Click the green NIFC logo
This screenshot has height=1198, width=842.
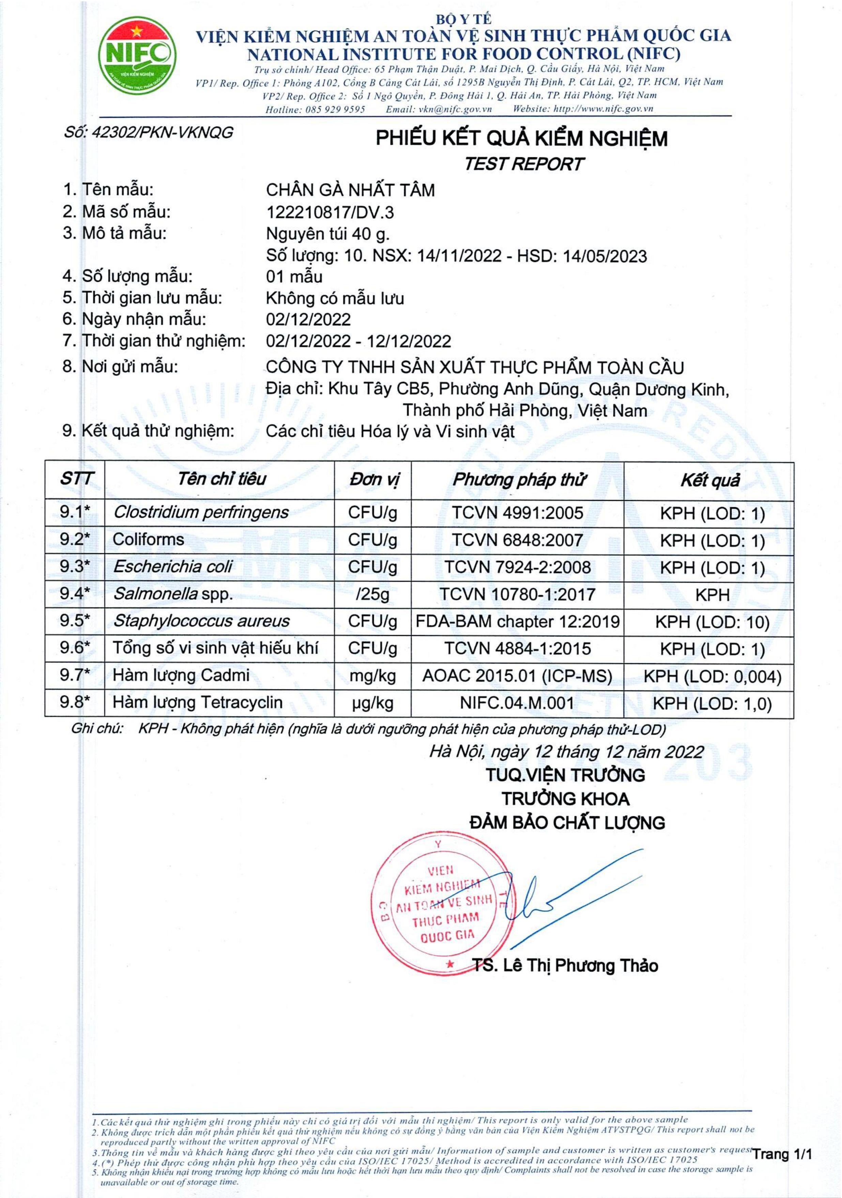click(137, 55)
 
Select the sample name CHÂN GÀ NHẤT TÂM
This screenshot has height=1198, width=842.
click(350, 190)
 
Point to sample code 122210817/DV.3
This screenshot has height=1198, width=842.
click(330, 212)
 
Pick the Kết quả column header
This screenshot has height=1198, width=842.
click(709, 480)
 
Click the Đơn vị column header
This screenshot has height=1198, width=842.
click(373, 480)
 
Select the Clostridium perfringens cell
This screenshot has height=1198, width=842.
click(201, 513)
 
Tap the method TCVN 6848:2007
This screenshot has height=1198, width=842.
click(517, 540)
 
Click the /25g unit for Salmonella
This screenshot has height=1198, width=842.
click(373, 594)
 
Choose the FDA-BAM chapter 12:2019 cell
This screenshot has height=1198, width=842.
click(517, 621)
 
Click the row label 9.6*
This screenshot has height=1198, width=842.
click(75, 648)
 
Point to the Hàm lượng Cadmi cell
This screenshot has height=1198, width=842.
click(181, 675)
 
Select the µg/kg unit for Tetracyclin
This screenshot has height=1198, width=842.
click(373, 704)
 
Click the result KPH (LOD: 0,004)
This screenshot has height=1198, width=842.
click(712, 677)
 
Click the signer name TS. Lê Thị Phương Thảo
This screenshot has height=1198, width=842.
click(565, 966)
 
